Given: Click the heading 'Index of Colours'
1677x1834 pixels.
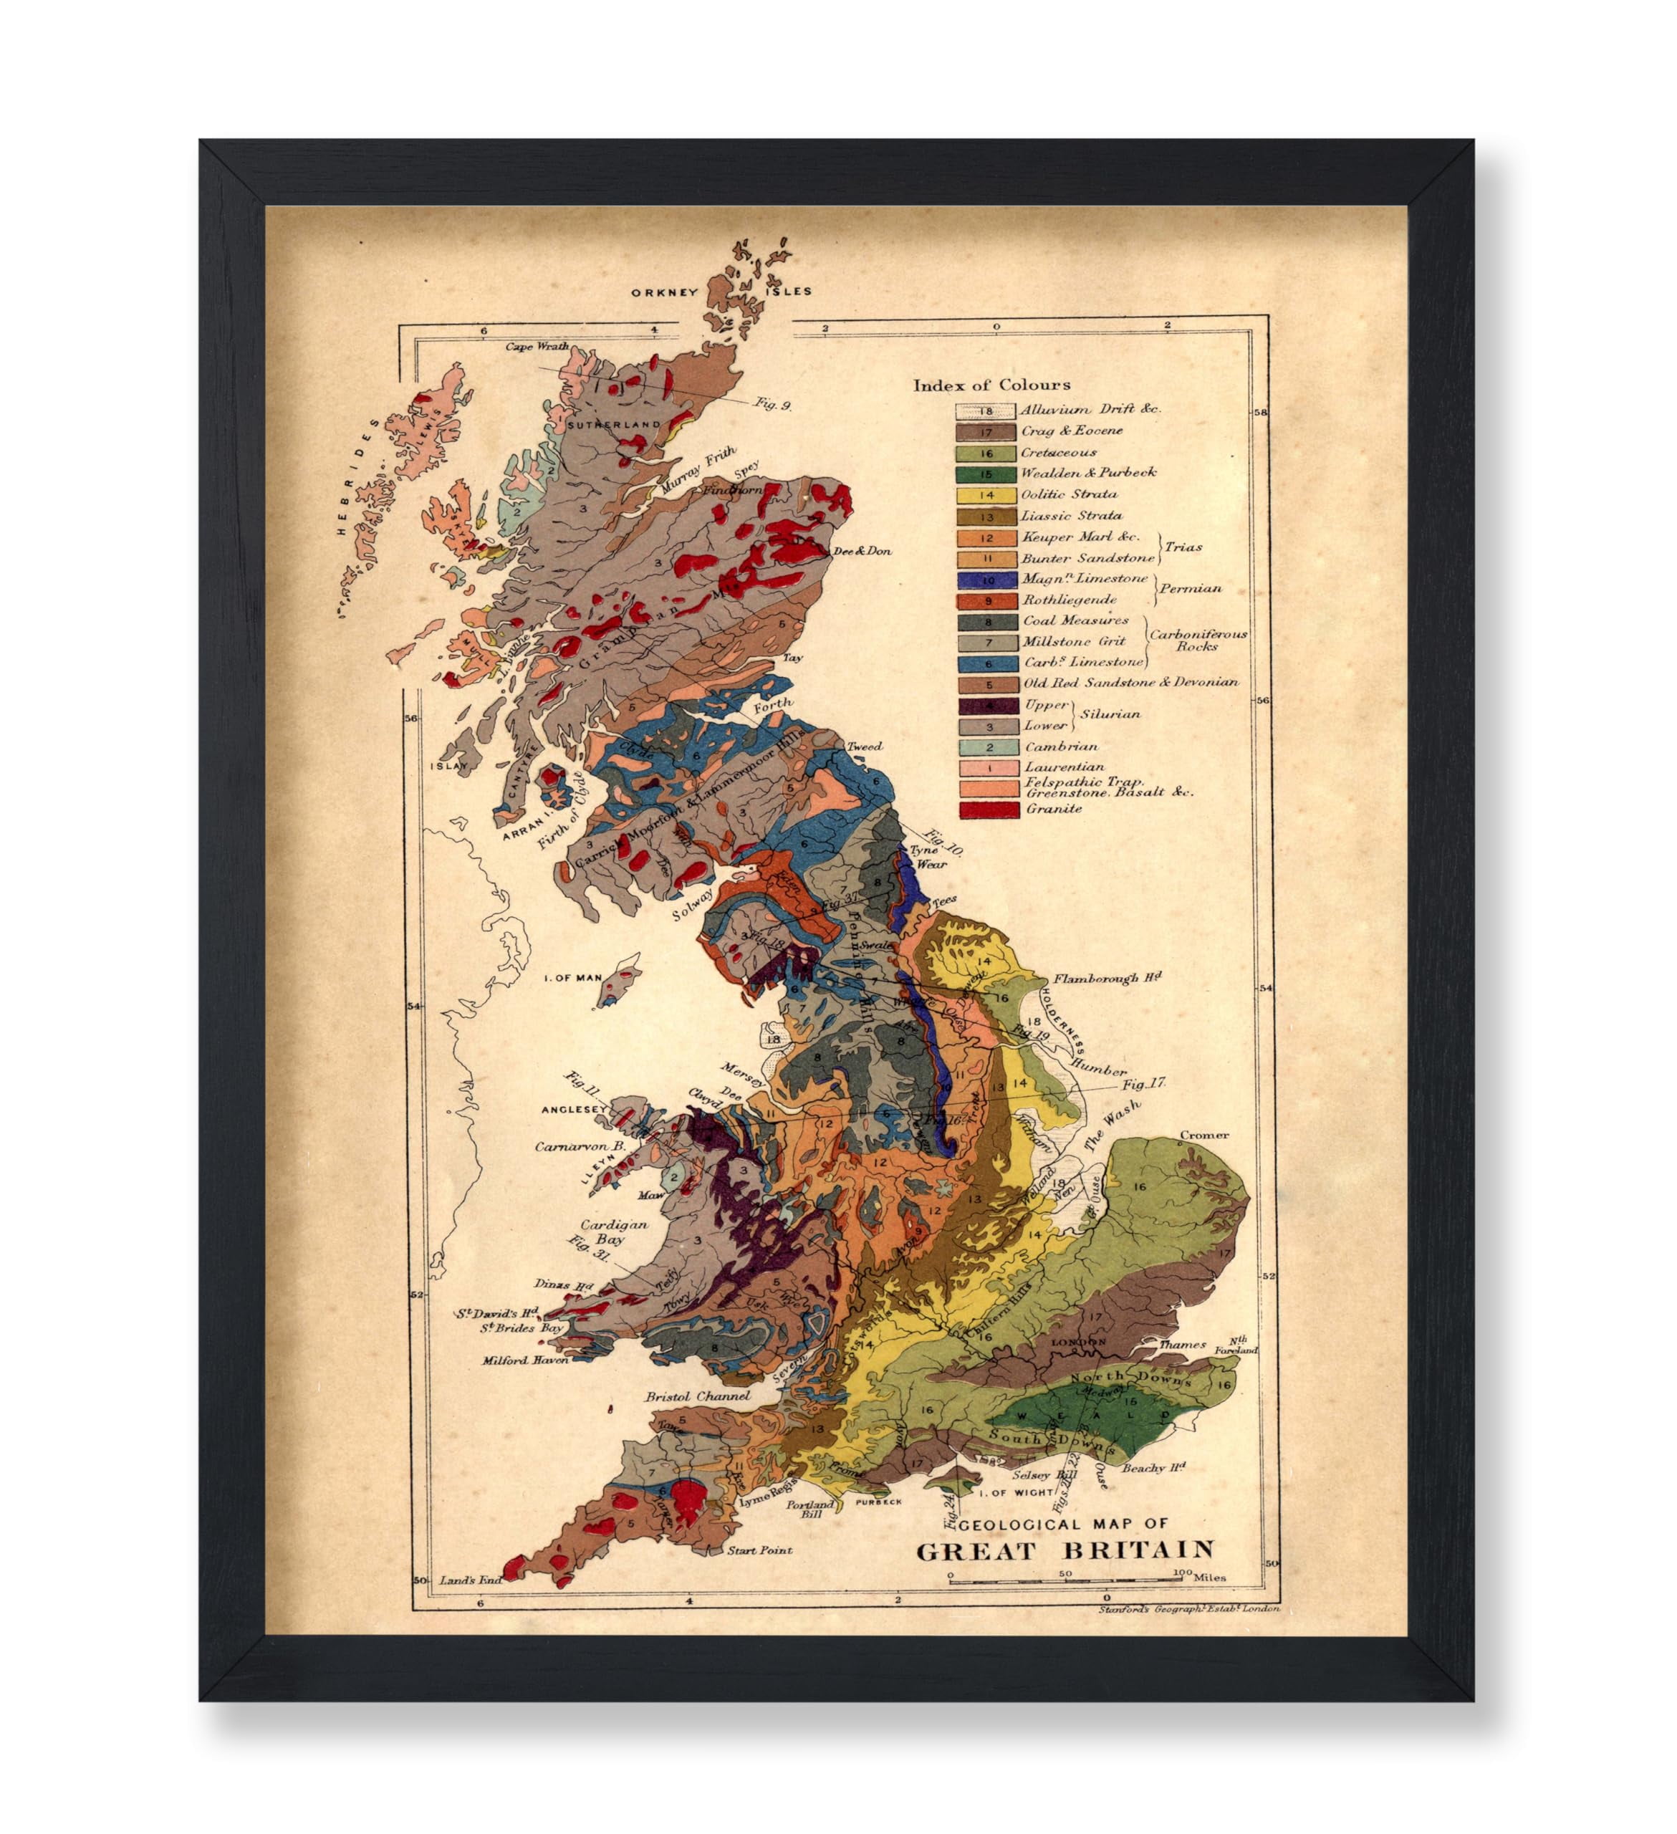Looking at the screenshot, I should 991,385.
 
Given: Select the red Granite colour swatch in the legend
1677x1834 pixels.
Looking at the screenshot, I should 986,809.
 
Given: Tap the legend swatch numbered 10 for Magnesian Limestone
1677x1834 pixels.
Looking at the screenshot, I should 986,580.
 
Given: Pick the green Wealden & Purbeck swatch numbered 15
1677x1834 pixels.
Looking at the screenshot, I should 986,473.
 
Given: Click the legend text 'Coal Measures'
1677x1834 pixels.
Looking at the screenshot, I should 1076,620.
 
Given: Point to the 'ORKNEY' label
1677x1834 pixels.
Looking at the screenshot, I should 665,292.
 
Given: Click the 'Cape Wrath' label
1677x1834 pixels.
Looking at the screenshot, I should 537,347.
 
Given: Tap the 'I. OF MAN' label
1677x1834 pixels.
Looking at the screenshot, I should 572,978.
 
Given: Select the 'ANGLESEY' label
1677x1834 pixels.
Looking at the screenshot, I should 574,1110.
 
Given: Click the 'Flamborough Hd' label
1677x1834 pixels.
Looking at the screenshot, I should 1107,979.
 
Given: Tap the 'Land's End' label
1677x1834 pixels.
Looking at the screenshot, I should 470,1581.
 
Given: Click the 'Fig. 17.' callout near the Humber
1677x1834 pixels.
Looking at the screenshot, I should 1143,1085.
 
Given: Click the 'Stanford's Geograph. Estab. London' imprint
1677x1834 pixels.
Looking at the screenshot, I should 1188,1608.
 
